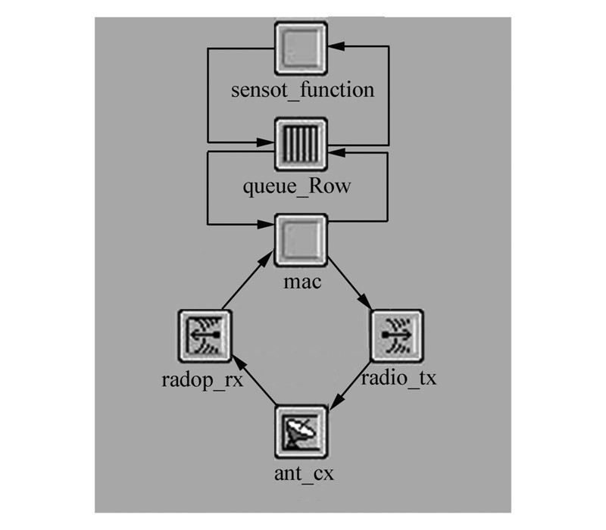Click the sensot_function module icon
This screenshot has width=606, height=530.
click(x=301, y=48)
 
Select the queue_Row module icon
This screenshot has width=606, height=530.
click(x=301, y=143)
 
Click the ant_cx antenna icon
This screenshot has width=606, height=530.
click(x=301, y=431)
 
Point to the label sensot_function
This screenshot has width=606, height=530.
click(x=302, y=90)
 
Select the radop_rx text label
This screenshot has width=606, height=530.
click(x=203, y=379)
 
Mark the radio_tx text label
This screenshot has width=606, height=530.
click(x=398, y=378)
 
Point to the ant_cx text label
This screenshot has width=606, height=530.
click(x=303, y=475)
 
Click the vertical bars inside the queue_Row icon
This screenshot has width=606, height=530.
click(x=301, y=143)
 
